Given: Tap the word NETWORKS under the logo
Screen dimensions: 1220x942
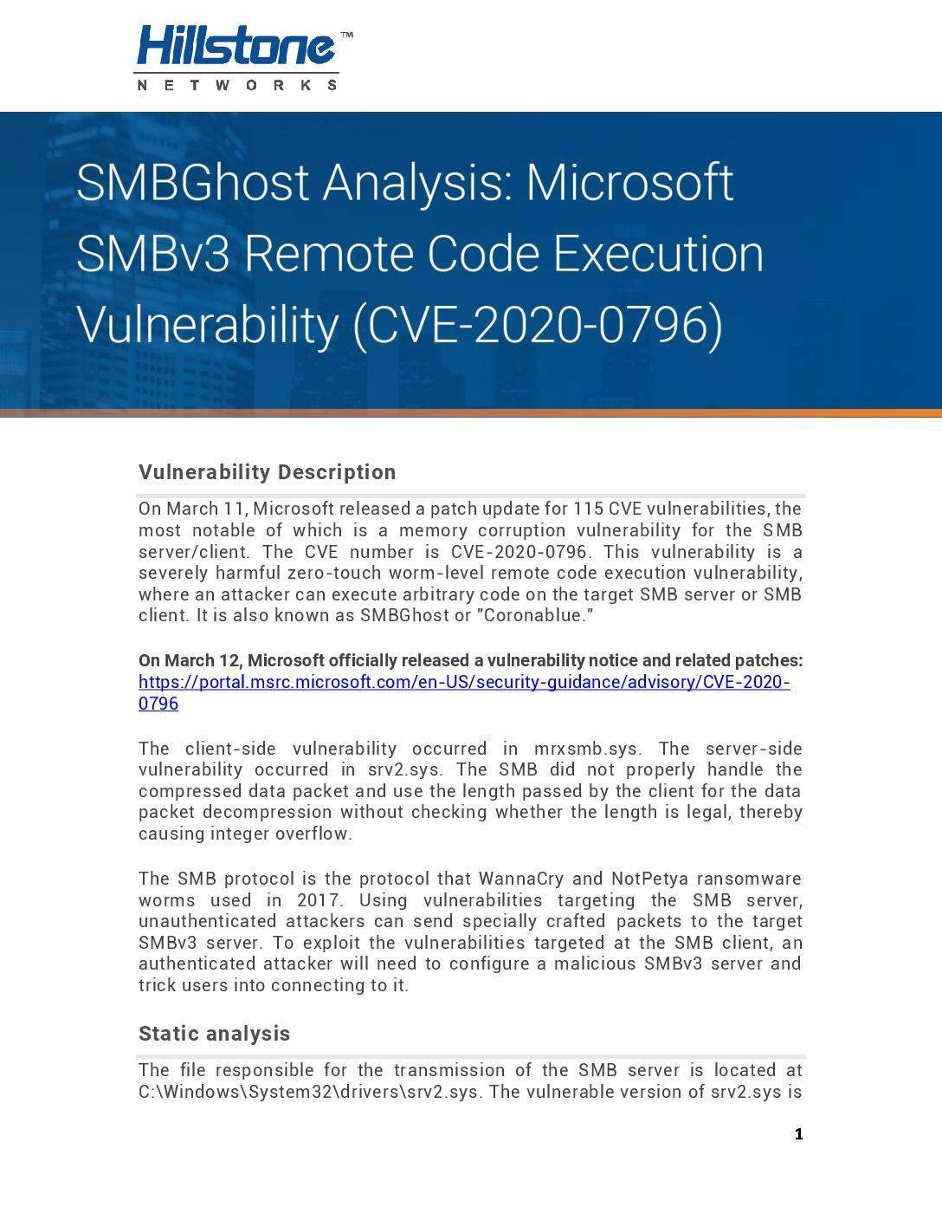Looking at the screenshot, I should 237,85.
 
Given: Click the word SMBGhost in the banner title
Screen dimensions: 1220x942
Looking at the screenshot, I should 192,183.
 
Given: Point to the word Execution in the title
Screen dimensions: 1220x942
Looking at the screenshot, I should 658,254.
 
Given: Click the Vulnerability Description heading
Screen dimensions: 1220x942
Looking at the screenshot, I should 268,472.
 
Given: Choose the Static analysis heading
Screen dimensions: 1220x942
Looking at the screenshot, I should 215,1034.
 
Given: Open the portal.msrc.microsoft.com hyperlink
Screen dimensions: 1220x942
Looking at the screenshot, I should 464,683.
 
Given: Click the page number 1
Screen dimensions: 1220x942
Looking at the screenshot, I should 798,1134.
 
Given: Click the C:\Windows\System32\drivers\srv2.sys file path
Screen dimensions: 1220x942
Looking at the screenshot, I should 309,1092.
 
